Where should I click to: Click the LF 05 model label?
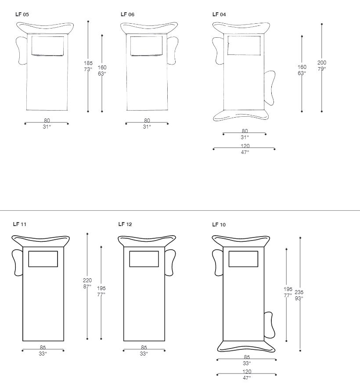click(22, 14)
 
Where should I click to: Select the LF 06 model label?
click(127, 14)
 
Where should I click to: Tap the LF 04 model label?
click(219, 14)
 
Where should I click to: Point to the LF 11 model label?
click(20, 224)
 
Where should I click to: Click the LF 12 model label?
click(125, 224)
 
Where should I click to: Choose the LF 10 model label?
click(219, 225)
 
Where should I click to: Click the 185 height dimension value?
click(88, 63)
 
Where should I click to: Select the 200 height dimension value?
click(322, 63)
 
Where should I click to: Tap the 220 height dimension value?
click(87, 280)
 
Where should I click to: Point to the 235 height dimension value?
click(299, 292)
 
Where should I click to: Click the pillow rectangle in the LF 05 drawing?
click(47, 46)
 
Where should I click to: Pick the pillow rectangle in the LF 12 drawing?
click(144, 259)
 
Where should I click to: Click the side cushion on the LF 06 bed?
click(173, 50)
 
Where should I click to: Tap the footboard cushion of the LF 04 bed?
click(241, 115)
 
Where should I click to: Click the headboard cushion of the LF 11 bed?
click(40, 241)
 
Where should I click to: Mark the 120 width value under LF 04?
click(245, 146)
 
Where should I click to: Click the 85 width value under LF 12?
click(144, 348)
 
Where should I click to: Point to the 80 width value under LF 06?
click(147, 121)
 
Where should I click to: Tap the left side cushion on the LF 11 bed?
click(17, 262)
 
